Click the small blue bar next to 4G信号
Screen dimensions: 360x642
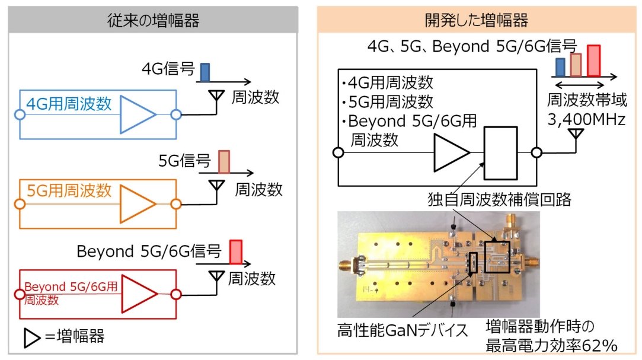[x=205, y=72]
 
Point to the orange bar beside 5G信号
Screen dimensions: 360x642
[x=223, y=161]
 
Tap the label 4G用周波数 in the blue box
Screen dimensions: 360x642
[x=69, y=105]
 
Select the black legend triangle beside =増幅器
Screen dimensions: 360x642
[x=31, y=338]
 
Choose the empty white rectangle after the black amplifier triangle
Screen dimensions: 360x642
[x=501, y=153]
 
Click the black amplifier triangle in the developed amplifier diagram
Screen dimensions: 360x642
[x=451, y=153]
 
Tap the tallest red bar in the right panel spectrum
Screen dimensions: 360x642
[x=594, y=60]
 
